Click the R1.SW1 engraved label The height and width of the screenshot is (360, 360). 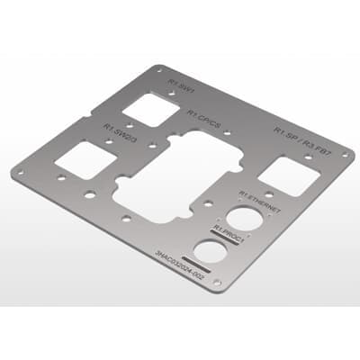click(x=181, y=88)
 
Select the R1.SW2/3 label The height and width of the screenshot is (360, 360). click(x=119, y=132)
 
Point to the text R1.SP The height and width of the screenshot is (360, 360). click(x=285, y=133)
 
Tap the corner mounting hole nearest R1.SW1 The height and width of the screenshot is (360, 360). click(x=159, y=67)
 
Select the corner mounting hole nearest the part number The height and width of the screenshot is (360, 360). click(x=216, y=286)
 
